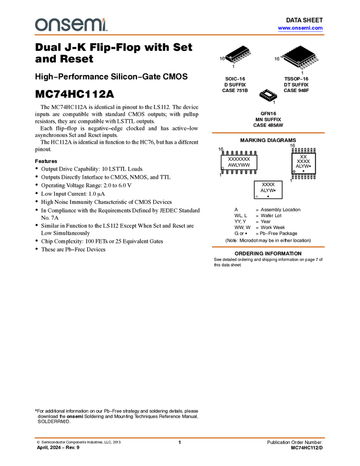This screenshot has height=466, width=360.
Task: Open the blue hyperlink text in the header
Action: pos(300,28)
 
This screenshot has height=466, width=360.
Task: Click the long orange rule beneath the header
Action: pos(180,35)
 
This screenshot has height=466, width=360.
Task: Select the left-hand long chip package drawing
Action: pos(239,56)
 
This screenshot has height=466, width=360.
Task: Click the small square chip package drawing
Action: pos(267,94)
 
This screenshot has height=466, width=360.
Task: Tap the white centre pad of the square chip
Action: pos(267,94)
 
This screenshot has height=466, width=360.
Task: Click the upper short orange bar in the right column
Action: pos(268,133)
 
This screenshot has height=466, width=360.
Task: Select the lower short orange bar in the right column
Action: pos(268,247)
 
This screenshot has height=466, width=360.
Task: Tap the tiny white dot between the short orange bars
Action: pos(258,196)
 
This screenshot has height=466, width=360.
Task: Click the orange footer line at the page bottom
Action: pos(180,437)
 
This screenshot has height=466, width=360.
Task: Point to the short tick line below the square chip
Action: pos(270,102)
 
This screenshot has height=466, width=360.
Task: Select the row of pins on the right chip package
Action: pos(310,64)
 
